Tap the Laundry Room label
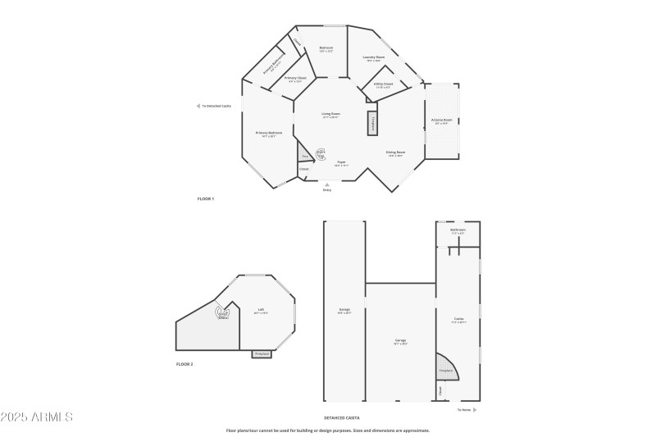(x=374, y=58)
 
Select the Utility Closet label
(x=384, y=84)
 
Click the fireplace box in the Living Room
(x=372, y=123)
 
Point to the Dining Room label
(x=394, y=153)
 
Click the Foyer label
(x=341, y=163)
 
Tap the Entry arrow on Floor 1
(x=327, y=184)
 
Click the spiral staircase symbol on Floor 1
(x=321, y=153)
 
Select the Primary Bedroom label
(x=269, y=134)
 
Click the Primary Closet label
(x=294, y=80)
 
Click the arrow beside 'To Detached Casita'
(x=198, y=106)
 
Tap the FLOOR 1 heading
(x=205, y=199)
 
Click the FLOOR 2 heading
(x=184, y=363)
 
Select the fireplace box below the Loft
(x=262, y=353)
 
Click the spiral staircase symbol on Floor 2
(x=222, y=312)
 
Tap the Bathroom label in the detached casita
(x=458, y=231)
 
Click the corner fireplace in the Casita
(x=445, y=368)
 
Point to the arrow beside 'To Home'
(x=476, y=409)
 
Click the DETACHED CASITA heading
(x=342, y=418)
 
